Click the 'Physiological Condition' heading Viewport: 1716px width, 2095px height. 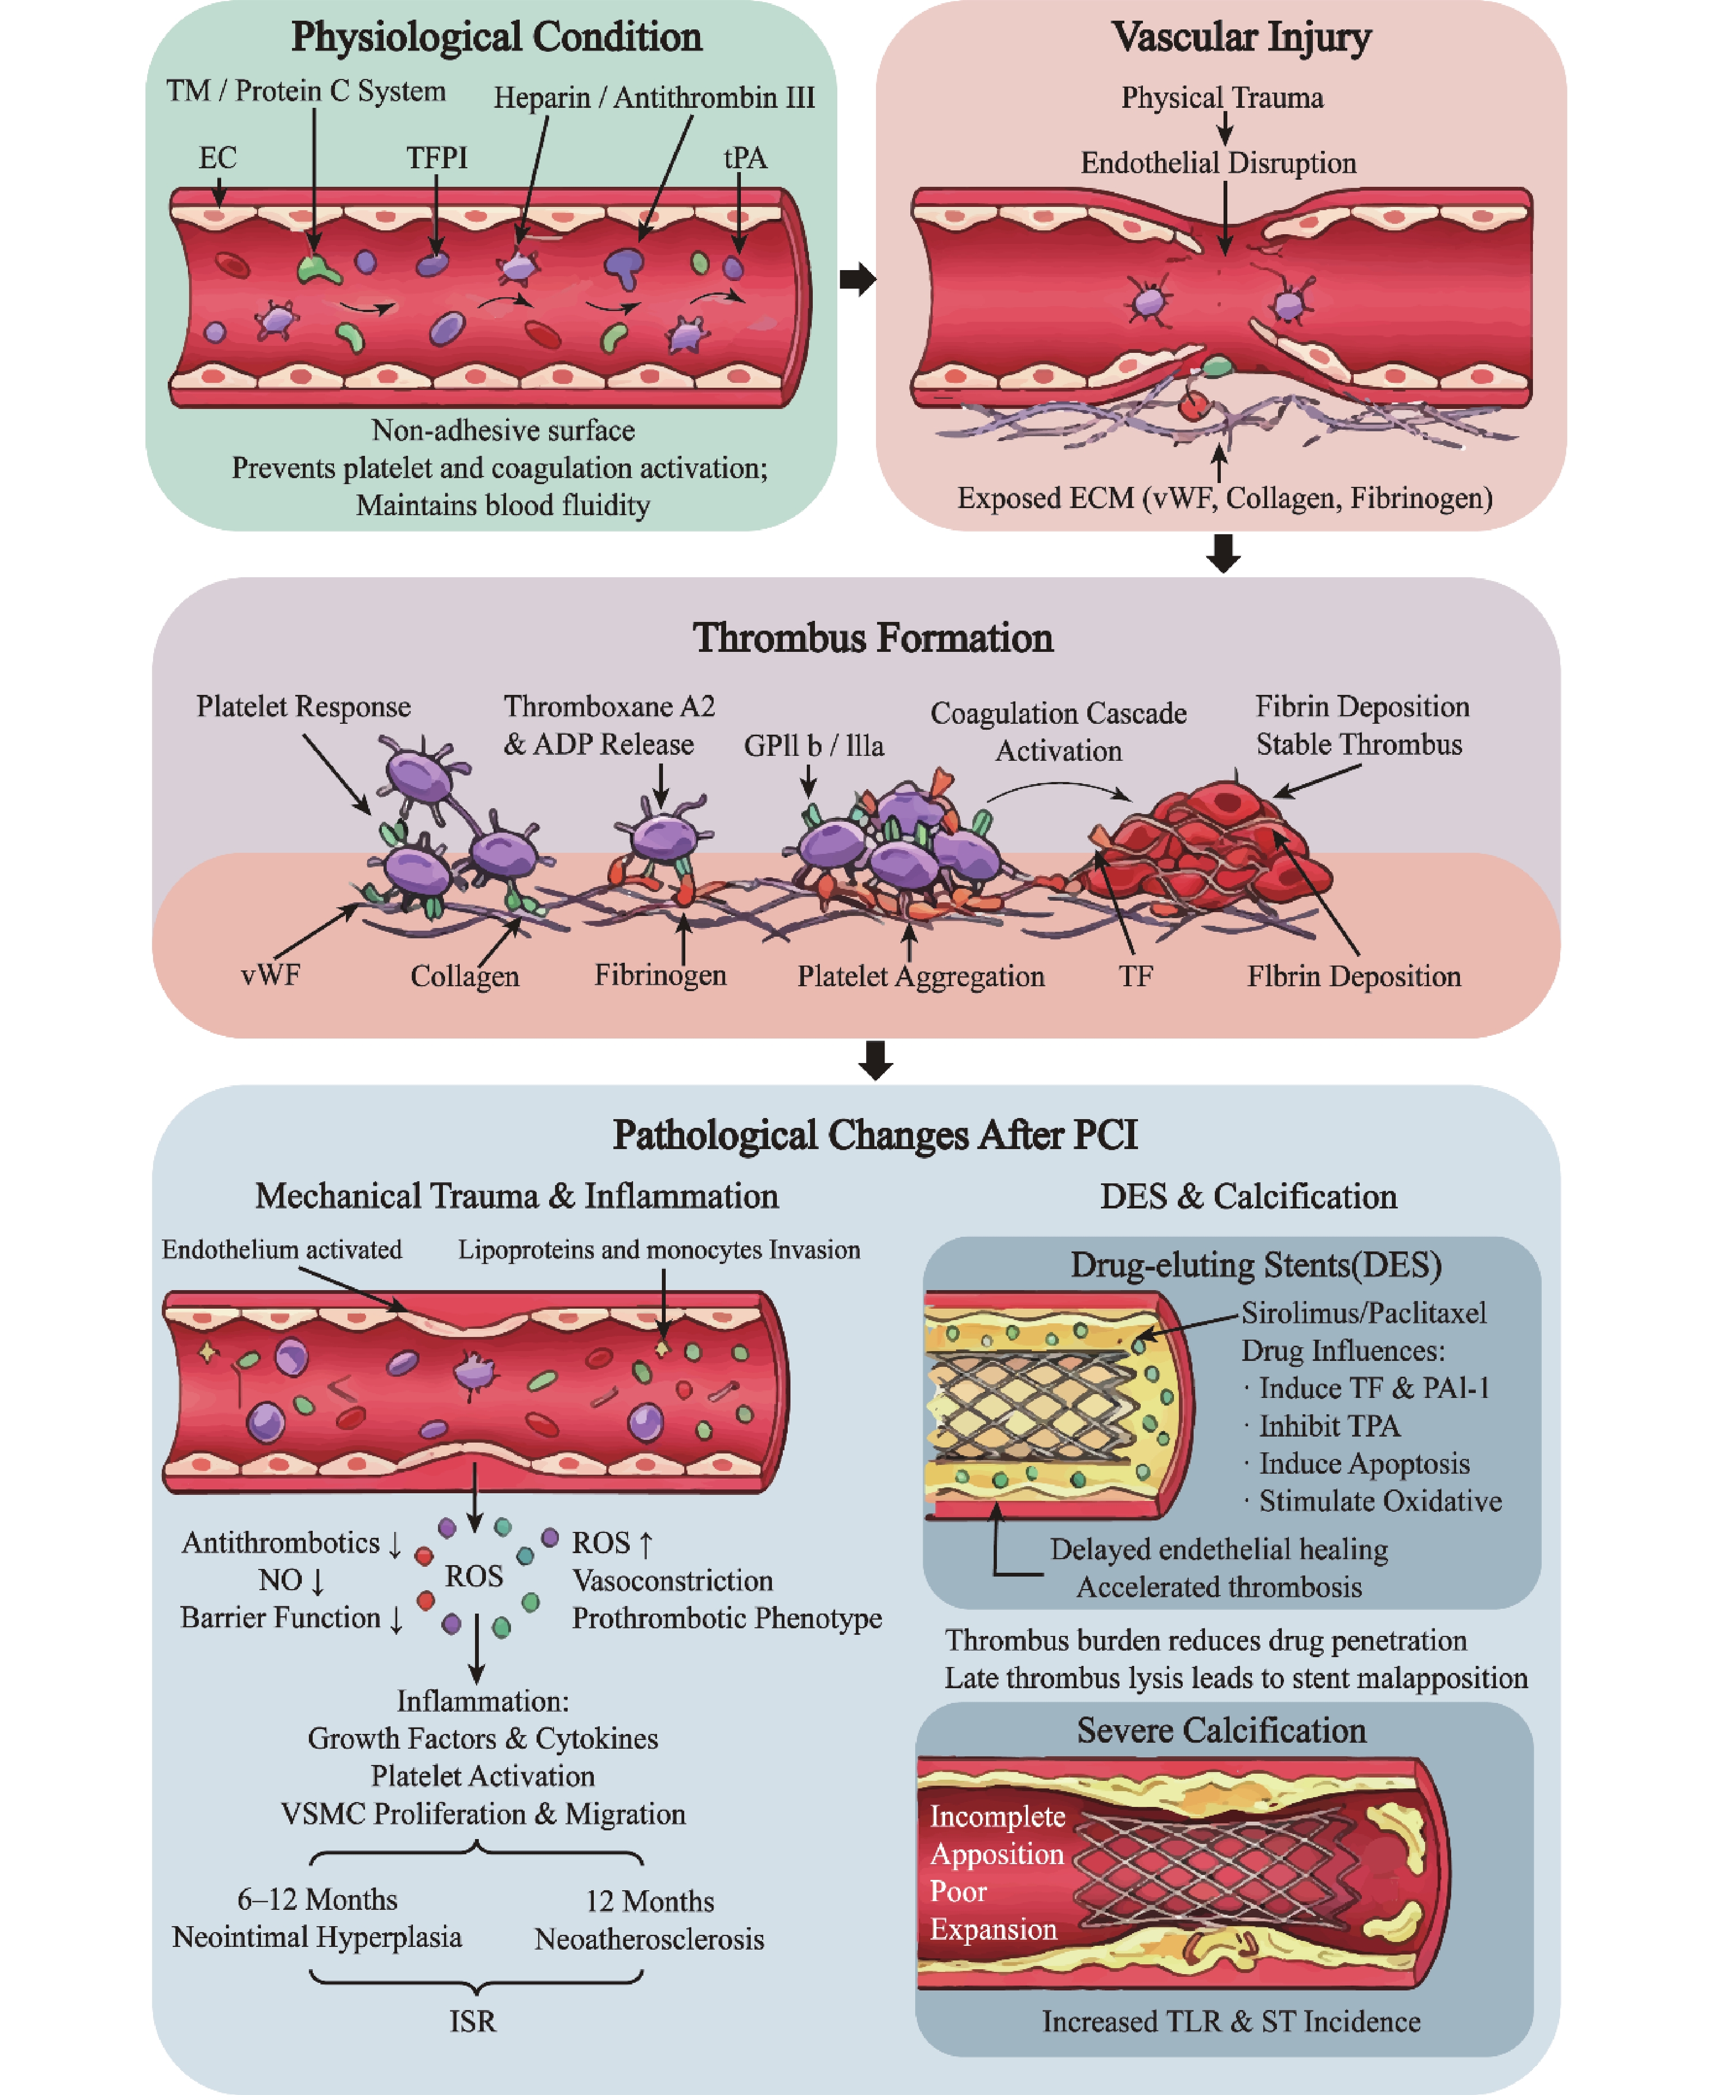coord(496,38)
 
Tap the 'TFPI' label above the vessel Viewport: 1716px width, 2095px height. coord(437,158)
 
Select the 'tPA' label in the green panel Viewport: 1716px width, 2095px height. coord(745,158)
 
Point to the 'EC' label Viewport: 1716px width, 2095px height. coord(217,158)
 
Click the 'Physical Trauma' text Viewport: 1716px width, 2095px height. coord(1222,98)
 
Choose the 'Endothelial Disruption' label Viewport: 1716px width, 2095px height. coord(1218,163)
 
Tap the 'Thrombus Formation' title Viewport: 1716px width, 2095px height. coord(873,638)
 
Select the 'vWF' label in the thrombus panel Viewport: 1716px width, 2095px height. coord(270,975)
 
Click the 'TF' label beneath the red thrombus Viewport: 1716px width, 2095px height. coord(1136,976)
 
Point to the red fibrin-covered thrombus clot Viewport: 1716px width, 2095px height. coord(1211,840)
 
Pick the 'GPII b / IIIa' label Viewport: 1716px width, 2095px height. coord(813,746)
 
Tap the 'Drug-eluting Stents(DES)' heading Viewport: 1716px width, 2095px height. coord(1255,1265)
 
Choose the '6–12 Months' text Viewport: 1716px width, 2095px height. coord(317,1899)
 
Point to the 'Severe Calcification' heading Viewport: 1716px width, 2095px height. coord(1222,1730)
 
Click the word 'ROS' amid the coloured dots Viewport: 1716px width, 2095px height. coord(473,1576)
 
